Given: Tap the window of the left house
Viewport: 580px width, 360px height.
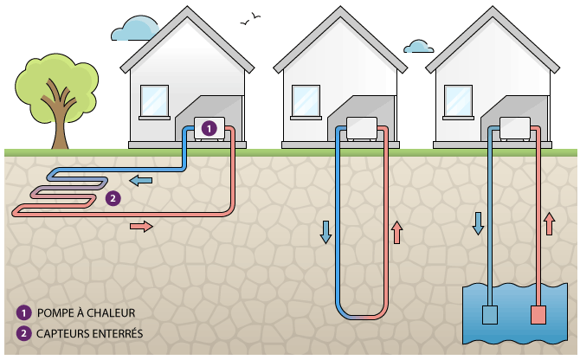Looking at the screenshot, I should pos(154,100).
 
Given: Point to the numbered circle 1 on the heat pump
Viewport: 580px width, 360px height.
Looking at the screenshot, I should pos(208,128).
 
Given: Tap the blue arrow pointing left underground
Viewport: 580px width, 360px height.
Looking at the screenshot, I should pos(140,180).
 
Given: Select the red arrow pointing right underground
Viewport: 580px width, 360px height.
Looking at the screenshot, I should pos(141,227).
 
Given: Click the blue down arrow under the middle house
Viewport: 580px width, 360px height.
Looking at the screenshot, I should pos(326,232).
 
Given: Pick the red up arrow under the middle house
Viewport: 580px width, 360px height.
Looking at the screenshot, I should pos(397,232).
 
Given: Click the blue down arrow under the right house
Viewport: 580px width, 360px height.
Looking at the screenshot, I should pos(477,223).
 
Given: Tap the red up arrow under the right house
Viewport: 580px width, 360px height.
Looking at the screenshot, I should pos(548,223).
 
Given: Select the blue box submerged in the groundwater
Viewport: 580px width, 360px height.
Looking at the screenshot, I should pos(490,315).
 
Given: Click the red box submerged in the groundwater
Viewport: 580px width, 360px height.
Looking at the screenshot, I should pos(538,315).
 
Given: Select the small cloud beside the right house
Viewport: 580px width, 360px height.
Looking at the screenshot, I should pos(419,46).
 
